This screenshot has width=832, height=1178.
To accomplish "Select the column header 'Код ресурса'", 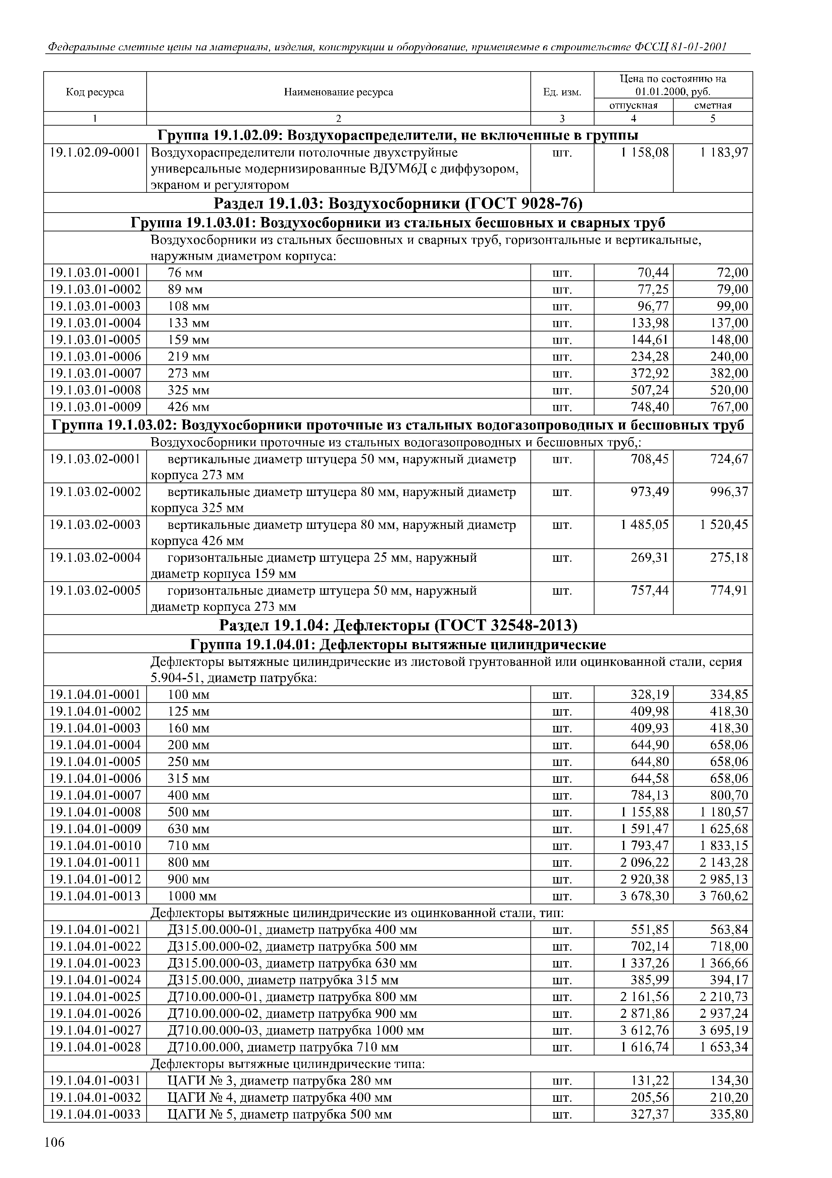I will (x=95, y=92).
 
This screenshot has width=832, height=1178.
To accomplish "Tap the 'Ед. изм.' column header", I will (x=562, y=92).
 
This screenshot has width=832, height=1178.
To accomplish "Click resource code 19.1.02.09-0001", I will (x=95, y=153).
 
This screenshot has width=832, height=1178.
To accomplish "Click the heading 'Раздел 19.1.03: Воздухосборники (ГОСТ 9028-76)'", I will (x=398, y=204).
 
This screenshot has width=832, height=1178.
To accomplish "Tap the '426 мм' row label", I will (x=189, y=407).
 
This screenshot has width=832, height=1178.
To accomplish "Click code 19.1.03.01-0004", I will (x=95, y=323).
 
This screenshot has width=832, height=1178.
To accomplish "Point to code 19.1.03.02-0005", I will (x=95, y=591).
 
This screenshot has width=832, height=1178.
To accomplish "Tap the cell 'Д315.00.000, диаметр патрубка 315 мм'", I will (x=283, y=981).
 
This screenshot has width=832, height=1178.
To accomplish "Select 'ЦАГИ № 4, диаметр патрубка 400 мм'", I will (x=280, y=1098).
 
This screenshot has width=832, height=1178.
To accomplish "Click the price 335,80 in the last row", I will (x=729, y=1115).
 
